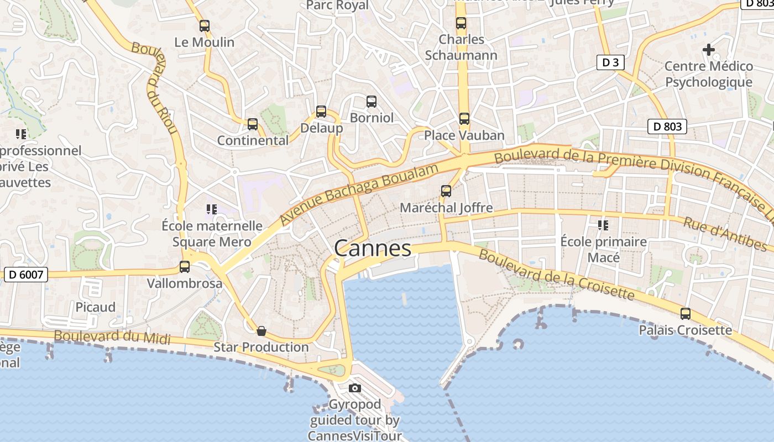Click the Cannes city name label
373,249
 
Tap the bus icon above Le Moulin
205,25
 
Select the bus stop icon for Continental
253,124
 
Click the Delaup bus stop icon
321,112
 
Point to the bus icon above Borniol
372,102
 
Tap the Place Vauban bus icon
464,119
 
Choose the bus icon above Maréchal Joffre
446,191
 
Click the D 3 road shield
610,62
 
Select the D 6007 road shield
26,274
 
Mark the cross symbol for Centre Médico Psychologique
708,50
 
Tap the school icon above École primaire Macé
603,225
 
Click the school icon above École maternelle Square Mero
211,209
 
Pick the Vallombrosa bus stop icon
185,267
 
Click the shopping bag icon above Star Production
262,331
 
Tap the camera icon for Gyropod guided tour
355,388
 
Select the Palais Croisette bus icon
686,314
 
